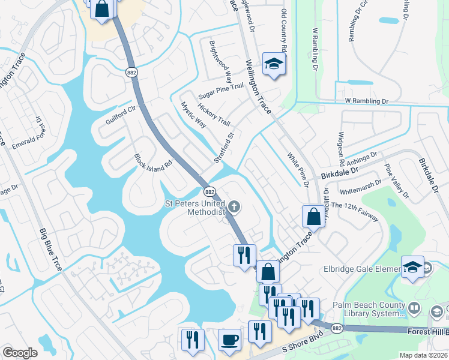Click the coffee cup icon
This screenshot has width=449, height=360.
pyautogui.click(x=229, y=340)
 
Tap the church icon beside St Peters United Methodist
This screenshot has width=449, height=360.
pyautogui.click(x=235, y=208)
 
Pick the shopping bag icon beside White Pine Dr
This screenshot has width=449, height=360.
pyautogui.click(x=313, y=217)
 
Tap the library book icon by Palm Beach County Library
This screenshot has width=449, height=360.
pyautogui.click(x=414, y=309)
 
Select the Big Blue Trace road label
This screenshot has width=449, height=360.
pyautogui.click(x=50, y=249)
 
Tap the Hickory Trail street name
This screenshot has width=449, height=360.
pyautogui.click(x=214, y=112)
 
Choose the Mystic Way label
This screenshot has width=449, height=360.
pyautogui.click(x=193, y=115)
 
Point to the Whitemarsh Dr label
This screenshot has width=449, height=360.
pyautogui.click(x=360, y=186)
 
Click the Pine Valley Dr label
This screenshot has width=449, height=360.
pyautogui.click(x=397, y=182)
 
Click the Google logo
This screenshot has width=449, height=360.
pyautogui.click(x=20, y=353)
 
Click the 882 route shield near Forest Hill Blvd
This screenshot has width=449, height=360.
pyautogui.click(x=337, y=328)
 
